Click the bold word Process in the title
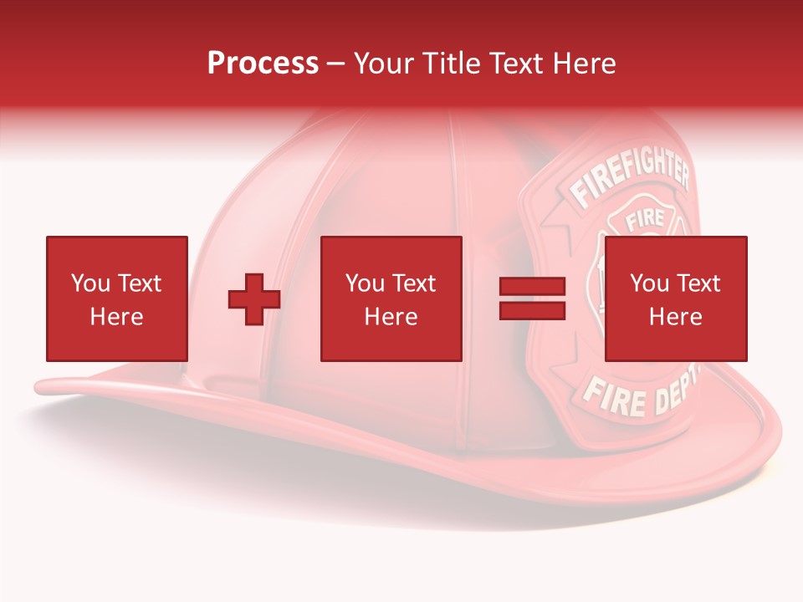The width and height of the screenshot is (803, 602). point(263,63)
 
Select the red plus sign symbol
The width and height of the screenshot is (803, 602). point(254,299)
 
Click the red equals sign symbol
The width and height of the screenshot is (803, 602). point(532,298)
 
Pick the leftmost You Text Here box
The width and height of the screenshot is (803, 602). point(117,298)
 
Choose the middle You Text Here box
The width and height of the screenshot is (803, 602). point(391,298)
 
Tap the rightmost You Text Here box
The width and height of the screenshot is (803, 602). point(675,298)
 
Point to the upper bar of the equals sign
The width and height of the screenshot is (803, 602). point(532,287)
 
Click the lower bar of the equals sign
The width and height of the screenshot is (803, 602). point(532,310)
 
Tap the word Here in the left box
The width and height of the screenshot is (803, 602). point(117,317)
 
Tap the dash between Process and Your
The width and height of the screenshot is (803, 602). point(335,64)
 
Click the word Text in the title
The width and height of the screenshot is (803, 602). point(517,63)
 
